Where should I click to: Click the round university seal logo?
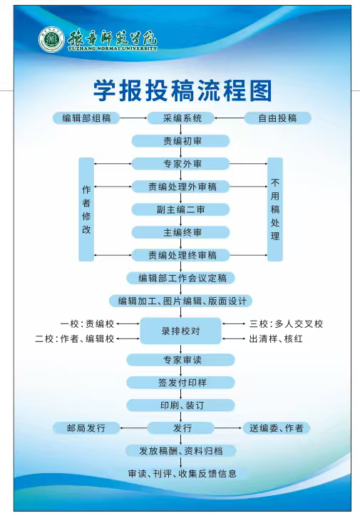(51, 40)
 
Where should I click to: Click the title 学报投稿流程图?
(182, 90)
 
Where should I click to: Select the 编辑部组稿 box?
(86, 118)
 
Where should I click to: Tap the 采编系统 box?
(181, 118)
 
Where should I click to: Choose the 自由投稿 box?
(278, 118)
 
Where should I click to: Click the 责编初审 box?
(181, 141)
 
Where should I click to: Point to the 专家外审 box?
(181, 164)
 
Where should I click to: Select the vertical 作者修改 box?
(86, 209)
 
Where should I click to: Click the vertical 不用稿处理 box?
(275, 209)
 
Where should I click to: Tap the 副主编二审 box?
(181, 209)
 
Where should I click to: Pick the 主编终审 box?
(181, 232)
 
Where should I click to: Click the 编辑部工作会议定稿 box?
(181, 278)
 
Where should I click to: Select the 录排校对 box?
(181, 331)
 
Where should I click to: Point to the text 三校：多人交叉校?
(286, 323)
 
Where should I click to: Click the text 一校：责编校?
(87, 323)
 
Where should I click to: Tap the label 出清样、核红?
(276, 338)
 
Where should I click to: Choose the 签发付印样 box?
(181, 383)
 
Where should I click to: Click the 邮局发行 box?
(86, 428)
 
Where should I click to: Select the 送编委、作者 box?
(277, 428)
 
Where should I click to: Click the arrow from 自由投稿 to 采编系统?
(230, 118)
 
